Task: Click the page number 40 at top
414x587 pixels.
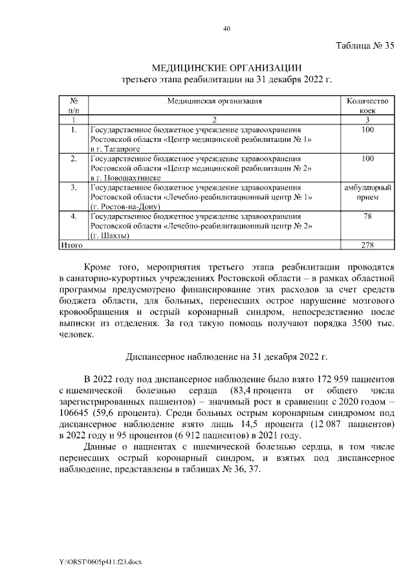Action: point(226,29)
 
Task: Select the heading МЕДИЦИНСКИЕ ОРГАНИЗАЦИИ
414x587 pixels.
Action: point(226,68)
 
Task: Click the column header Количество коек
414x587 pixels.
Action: point(367,106)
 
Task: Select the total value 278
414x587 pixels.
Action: point(367,245)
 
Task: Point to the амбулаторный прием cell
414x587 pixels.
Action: point(367,192)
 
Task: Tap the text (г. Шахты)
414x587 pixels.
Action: point(110,235)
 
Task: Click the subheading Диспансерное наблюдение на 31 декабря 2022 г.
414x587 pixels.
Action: point(226,356)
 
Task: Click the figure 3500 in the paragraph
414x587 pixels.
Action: point(362,323)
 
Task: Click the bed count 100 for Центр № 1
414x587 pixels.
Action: point(367,130)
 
